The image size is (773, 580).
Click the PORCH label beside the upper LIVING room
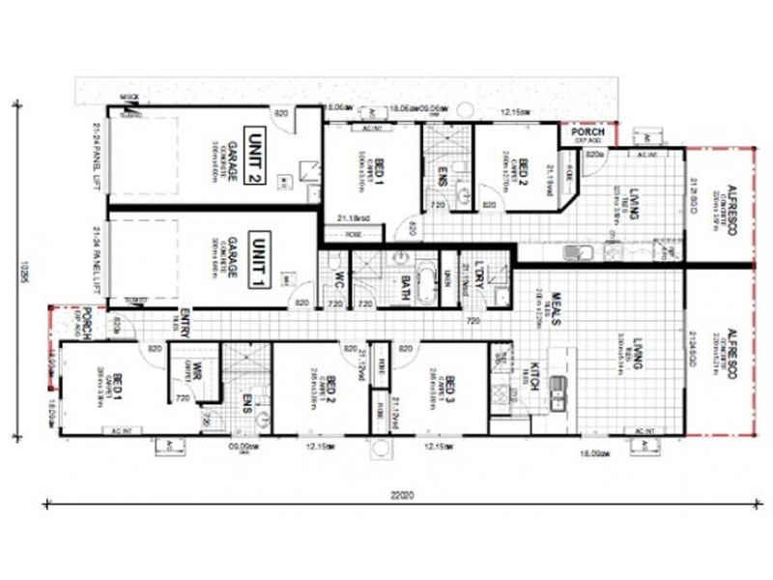click(x=587, y=132)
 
